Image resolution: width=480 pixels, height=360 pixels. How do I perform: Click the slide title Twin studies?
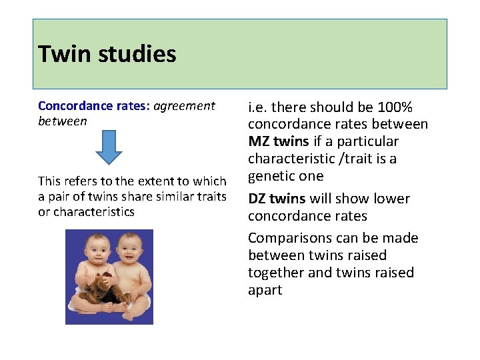107,54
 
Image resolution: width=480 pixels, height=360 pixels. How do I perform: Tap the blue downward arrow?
109,147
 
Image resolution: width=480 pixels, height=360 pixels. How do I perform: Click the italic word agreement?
185,106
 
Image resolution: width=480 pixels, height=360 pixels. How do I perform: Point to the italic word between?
62,121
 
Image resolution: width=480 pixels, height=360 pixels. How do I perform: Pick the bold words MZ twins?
278,141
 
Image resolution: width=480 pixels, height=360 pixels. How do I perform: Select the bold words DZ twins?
277,199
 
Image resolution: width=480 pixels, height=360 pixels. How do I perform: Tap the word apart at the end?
265,290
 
